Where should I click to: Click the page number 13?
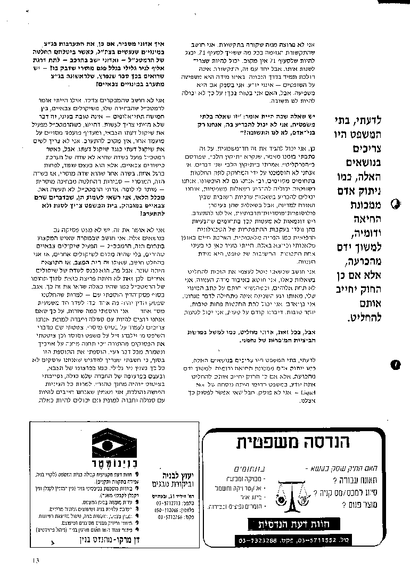pyautogui.click(x=36, y=559)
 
